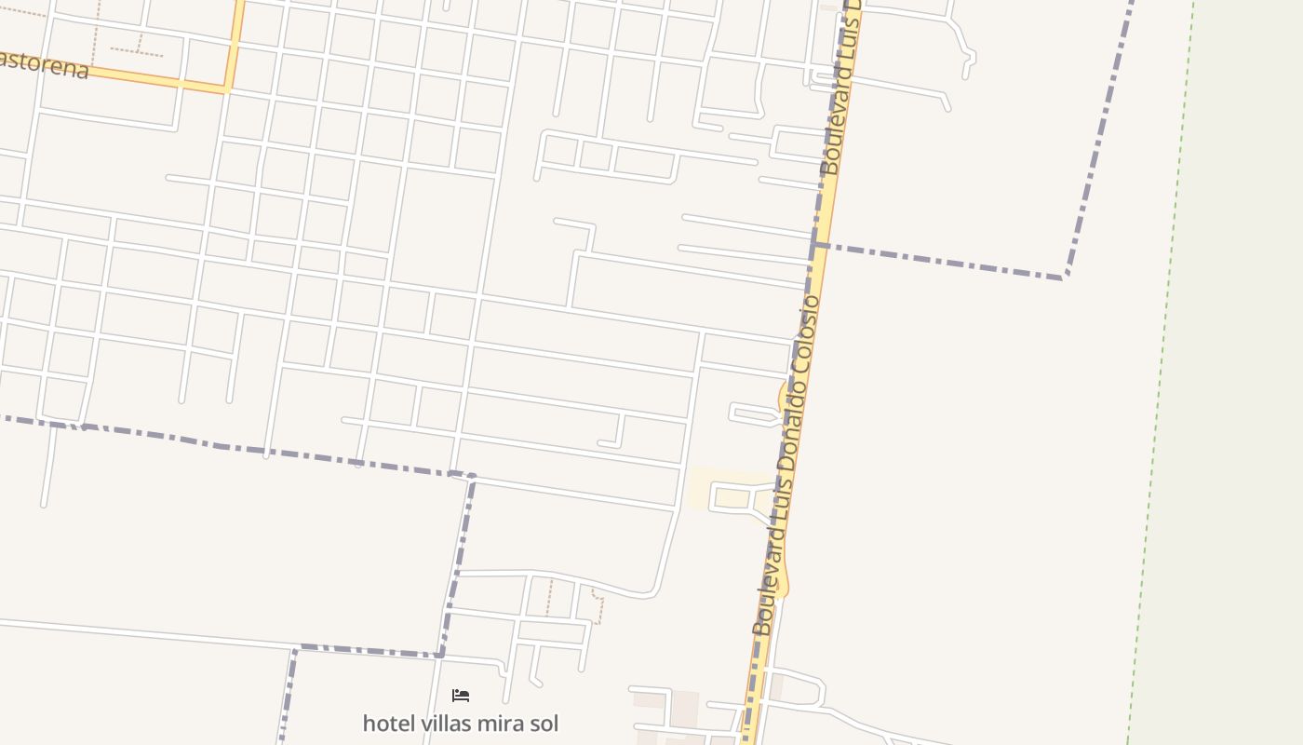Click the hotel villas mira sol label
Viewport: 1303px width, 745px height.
[460, 723]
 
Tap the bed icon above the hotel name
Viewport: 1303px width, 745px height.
[460, 696]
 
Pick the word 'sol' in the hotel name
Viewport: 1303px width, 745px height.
[540, 723]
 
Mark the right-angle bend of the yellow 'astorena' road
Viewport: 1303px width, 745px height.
[228, 89]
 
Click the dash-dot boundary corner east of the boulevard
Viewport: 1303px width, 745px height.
[1065, 277]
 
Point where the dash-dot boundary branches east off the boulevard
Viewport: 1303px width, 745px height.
[815, 245]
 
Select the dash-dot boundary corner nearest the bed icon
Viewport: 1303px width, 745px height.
[439, 655]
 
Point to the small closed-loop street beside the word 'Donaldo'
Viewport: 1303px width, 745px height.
[754, 414]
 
